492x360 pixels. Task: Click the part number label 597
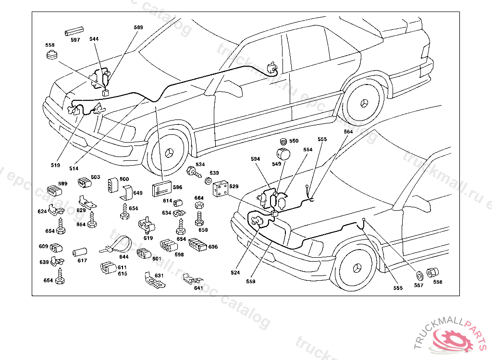[75, 40]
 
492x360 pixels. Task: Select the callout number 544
[94, 39]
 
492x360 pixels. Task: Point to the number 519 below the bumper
[55, 165]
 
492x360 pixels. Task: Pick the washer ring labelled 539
[208, 181]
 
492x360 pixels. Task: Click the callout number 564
[348, 131]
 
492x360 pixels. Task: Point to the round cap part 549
[283, 155]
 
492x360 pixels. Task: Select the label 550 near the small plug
[294, 141]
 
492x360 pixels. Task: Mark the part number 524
[235, 272]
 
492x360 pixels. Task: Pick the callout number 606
[213, 247]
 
